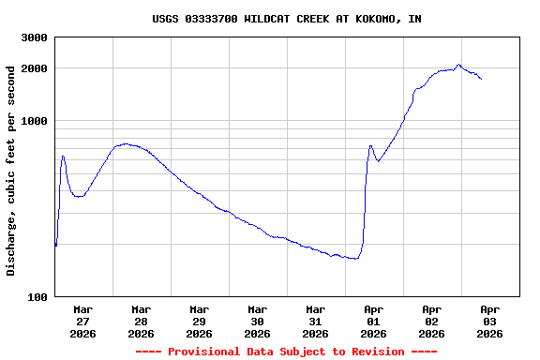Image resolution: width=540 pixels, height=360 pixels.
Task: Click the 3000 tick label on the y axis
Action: tap(36, 37)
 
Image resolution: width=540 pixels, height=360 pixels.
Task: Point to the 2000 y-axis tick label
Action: tap(36, 68)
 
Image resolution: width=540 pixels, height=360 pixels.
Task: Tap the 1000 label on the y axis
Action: tap(36, 121)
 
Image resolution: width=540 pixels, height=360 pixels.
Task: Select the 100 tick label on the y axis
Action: tap(38, 297)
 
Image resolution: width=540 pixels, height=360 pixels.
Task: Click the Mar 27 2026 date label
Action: tap(82, 321)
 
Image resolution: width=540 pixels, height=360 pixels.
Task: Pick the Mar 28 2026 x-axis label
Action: tap(141, 321)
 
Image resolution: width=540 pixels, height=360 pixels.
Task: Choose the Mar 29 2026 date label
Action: tap(199, 321)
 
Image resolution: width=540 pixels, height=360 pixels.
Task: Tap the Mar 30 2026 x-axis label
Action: tap(257, 321)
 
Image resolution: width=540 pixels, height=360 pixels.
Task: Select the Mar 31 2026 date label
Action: tap(315, 321)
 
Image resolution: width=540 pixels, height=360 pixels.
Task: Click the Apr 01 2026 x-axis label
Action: tap(373, 321)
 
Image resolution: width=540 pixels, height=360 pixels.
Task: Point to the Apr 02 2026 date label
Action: tap(431, 321)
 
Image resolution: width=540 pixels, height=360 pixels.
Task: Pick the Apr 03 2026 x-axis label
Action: tap(489, 321)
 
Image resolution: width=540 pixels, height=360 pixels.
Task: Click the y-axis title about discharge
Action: tap(11, 171)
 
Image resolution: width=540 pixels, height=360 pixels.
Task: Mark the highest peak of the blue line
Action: tap(459, 65)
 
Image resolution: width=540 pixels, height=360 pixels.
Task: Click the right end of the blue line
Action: tap(481, 79)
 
